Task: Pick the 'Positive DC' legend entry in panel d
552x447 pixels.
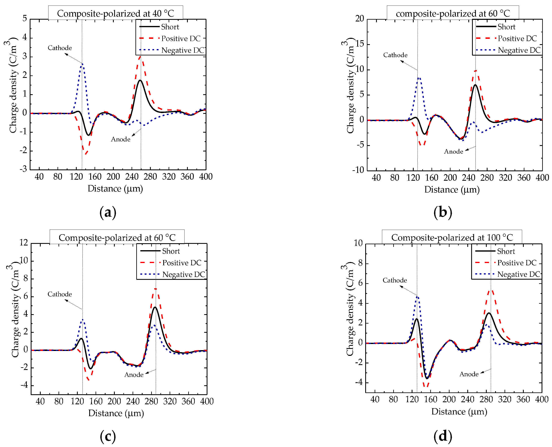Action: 516,263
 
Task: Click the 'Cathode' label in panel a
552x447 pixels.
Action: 60,48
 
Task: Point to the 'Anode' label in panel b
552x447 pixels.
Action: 453,151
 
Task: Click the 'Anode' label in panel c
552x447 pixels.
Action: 134,375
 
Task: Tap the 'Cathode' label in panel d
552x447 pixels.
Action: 394,280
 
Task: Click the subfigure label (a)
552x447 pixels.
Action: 108,212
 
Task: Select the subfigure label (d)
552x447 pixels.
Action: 443,436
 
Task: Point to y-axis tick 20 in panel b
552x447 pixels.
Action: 359,19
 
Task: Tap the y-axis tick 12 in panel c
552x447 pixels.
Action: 24,243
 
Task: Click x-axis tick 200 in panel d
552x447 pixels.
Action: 449,399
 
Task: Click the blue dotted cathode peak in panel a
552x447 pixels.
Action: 82,64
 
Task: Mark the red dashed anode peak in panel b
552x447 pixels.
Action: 476,71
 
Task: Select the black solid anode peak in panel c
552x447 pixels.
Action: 155,307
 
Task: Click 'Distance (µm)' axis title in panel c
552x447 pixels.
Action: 116,413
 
